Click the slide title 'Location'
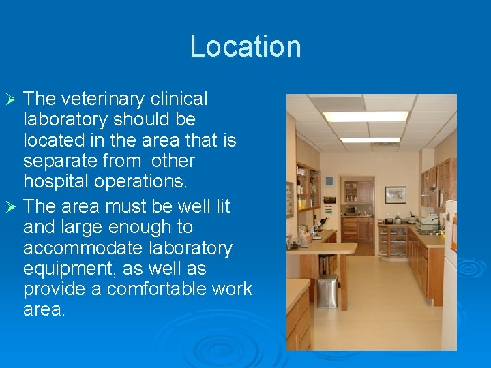(x=245, y=46)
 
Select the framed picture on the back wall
(x=395, y=195)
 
